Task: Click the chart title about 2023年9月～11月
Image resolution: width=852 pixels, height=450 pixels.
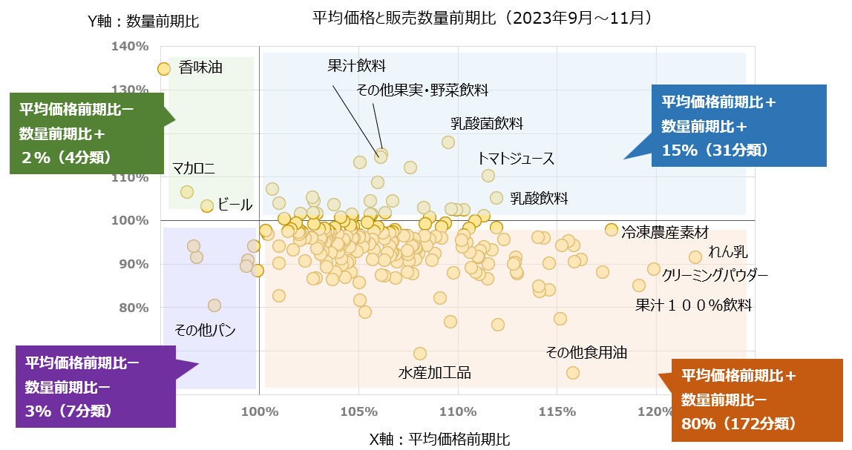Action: [x=482, y=17]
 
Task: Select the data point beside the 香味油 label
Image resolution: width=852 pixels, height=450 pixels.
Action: [x=164, y=69]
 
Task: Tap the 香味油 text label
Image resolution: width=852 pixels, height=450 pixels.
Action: [x=200, y=68]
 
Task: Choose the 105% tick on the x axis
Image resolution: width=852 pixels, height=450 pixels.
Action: [x=358, y=411]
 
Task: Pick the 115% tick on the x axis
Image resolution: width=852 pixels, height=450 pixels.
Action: [x=557, y=411]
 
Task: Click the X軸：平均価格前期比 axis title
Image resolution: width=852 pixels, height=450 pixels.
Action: [x=440, y=439]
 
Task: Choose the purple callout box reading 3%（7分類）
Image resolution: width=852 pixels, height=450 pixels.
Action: [x=96, y=387]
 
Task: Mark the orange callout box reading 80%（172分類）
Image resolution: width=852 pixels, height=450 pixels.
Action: [x=752, y=400]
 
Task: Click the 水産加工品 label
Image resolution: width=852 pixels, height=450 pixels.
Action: [x=435, y=372]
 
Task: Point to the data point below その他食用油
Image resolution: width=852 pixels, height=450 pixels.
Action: [x=573, y=372]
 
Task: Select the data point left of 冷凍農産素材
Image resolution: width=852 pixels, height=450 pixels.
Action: [x=612, y=230]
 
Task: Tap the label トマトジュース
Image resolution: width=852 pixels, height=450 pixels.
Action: [x=516, y=159]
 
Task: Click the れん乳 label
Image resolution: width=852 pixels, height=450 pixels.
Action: [x=728, y=251]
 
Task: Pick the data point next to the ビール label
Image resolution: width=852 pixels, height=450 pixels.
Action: [x=207, y=205]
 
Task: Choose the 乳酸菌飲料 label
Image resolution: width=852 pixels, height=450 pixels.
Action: [x=487, y=123]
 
